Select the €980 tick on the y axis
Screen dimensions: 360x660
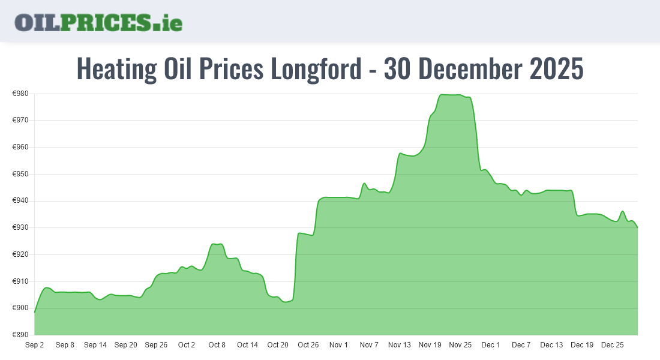tap(21, 94)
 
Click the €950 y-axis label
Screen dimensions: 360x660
tap(21, 174)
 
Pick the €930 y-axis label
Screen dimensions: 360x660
tap(21, 228)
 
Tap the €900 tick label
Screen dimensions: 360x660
tap(21, 308)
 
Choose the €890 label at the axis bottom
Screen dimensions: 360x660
tap(21, 335)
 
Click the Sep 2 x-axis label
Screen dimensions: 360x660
tap(35, 345)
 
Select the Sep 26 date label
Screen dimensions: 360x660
tap(156, 345)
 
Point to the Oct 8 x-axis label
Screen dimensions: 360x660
tap(217, 345)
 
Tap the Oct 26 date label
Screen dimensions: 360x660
tap(308, 345)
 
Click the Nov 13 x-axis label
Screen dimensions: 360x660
tap(400, 345)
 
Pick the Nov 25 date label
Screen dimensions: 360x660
tap(460, 345)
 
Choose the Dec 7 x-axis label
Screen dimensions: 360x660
tap(521, 345)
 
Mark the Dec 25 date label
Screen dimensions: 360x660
tap(613, 345)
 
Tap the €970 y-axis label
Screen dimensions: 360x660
tap(21, 120)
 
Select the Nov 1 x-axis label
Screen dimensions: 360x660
tap(339, 345)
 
